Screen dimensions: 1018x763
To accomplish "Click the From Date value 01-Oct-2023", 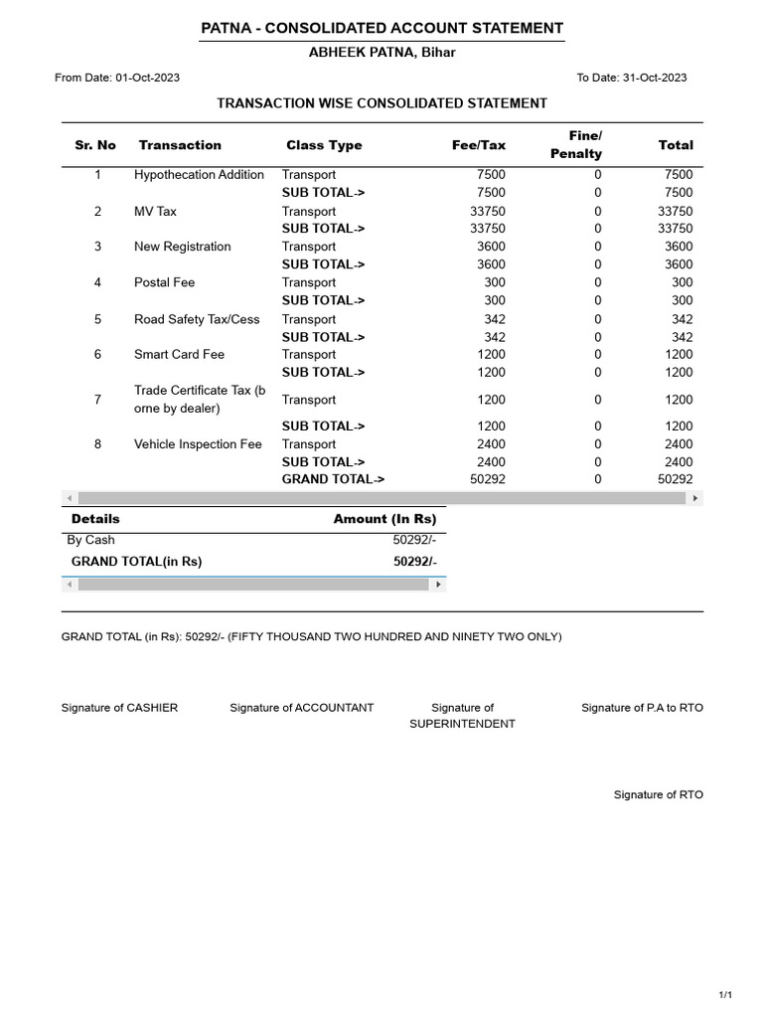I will point(148,78).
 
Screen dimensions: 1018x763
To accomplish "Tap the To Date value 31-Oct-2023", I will point(655,78).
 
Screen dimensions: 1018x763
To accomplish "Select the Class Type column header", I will point(324,145).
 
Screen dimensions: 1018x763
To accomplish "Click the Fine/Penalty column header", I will point(576,145).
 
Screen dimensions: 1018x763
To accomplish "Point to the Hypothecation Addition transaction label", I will point(199,175).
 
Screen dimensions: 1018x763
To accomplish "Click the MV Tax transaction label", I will point(156,211).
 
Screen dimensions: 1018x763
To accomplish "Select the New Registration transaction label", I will point(182,247).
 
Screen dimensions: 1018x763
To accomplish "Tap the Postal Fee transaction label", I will point(164,282).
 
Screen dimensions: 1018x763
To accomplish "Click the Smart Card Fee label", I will point(179,354).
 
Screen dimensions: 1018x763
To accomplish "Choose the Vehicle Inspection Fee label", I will point(198,444).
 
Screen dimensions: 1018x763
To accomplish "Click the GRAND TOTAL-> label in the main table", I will point(333,479).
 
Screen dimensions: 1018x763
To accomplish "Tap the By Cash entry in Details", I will point(90,540).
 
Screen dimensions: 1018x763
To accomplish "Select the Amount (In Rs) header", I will point(384,519).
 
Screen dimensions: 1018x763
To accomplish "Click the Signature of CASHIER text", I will point(119,708).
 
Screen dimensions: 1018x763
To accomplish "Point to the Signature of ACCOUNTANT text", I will point(301,708).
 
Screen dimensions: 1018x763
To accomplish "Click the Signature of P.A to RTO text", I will point(642,708).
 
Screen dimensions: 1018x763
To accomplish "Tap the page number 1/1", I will point(724,995).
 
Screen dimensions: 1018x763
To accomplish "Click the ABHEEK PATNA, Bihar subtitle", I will point(382,53).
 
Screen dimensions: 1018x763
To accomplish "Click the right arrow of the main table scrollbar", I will point(695,498).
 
